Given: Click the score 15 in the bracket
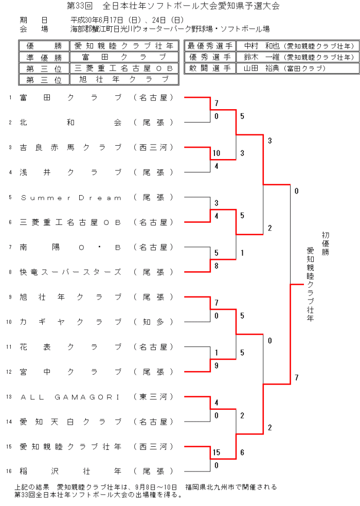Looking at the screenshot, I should coord(217,452).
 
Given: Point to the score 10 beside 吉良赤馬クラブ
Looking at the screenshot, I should coord(217,153).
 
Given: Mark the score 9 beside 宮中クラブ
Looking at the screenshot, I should coord(217,365).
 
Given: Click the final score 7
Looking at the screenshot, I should coord(297,378).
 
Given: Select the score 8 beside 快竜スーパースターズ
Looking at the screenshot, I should coord(217,266).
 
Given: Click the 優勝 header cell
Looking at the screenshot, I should coord(44,46).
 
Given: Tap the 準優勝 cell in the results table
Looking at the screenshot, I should coord(44,57).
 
